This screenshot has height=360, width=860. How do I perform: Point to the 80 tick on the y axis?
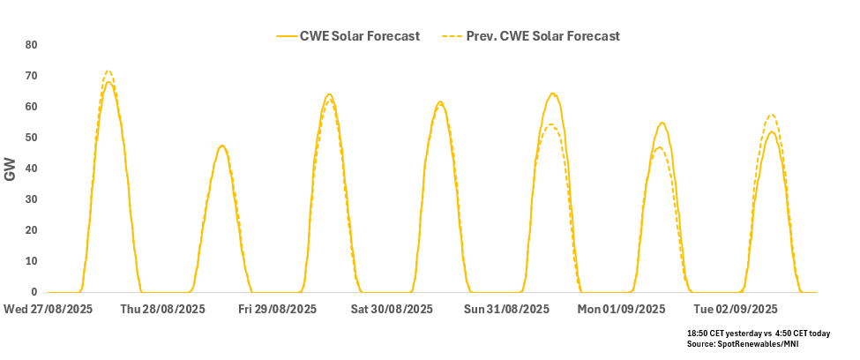(x=31, y=45)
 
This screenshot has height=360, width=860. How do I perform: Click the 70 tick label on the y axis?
(x=31, y=76)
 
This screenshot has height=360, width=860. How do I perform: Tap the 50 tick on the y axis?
(x=31, y=138)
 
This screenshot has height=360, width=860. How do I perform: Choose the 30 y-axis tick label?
(x=31, y=199)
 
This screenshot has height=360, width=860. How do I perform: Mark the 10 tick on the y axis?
(x=31, y=261)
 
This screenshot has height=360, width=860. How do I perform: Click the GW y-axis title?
(x=11, y=169)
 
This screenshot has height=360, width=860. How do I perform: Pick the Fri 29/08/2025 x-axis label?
(x=277, y=309)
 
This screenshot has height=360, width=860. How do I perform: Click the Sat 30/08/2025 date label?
(x=392, y=309)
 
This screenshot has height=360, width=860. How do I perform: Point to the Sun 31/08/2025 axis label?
(x=506, y=309)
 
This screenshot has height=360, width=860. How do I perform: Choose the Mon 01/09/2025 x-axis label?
(x=621, y=309)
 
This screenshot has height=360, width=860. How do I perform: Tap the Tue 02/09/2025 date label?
(x=736, y=309)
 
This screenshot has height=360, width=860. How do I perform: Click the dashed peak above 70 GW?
(x=108, y=71)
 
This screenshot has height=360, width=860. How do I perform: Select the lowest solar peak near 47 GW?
(x=221, y=146)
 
